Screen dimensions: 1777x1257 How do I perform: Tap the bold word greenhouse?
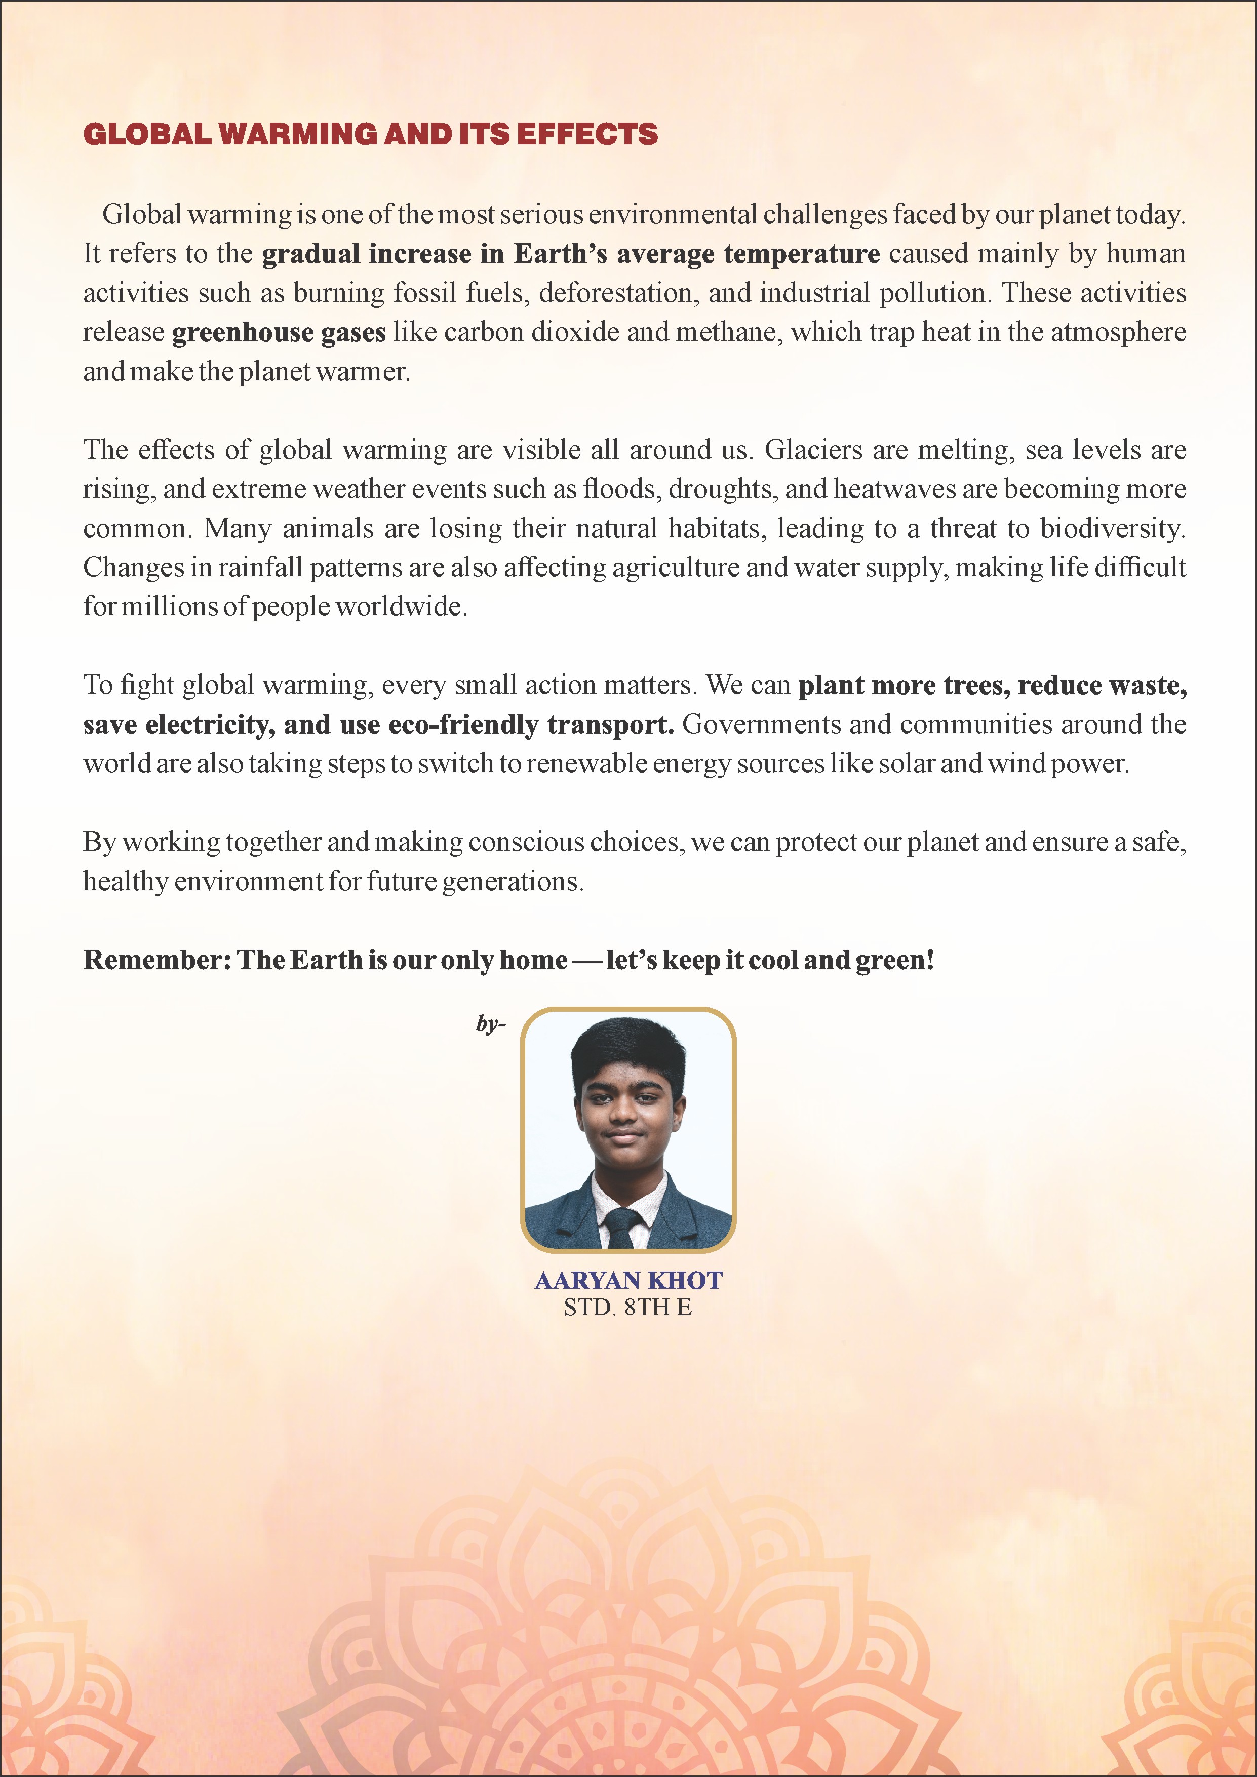[x=242, y=332]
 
